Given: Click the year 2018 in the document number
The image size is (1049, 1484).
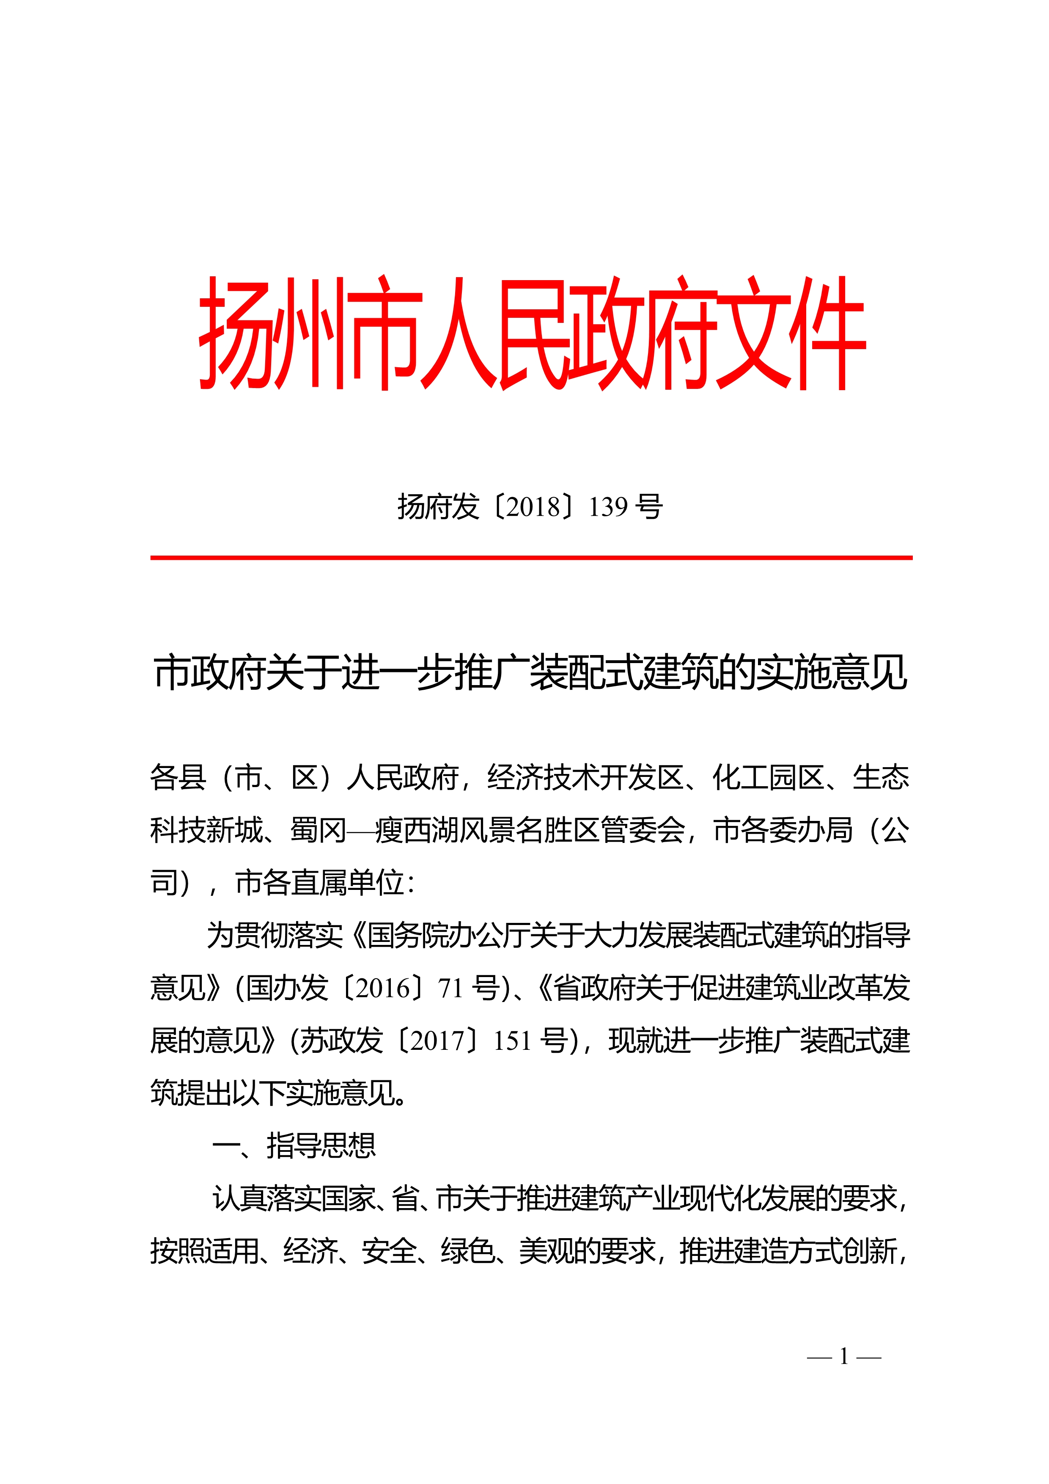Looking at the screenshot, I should point(533,507).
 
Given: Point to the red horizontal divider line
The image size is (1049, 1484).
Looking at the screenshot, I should point(531,557).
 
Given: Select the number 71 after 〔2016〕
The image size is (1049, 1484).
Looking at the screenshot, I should point(450,988).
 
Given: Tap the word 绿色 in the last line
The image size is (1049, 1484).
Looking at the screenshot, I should point(468,1251).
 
